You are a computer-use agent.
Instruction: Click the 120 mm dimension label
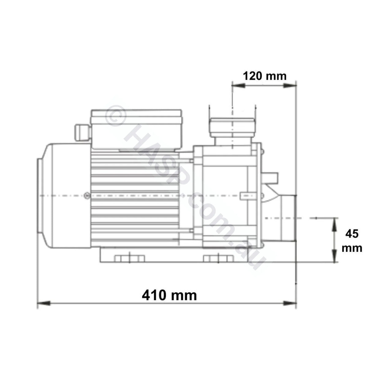click(264, 76)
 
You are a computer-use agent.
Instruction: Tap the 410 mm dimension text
click(169, 296)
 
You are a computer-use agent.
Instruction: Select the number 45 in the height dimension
click(351, 234)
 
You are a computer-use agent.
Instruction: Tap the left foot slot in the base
click(129, 258)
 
